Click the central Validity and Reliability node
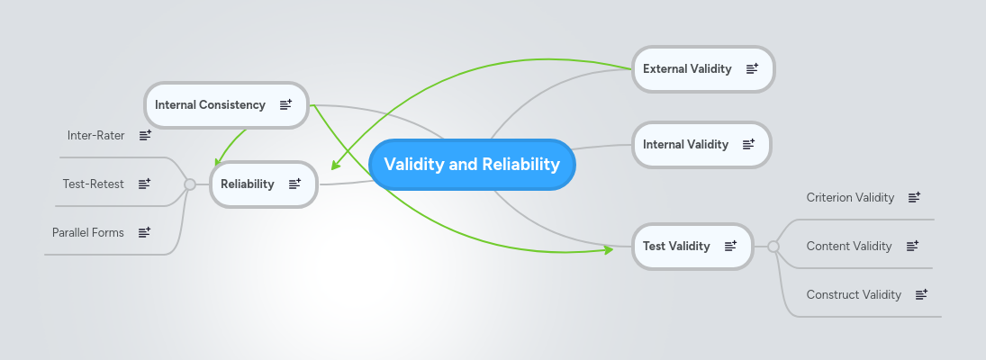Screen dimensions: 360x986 (x=472, y=165)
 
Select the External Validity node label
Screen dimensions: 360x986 (x=687, y=69)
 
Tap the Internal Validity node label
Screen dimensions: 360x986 (x=685, y=144)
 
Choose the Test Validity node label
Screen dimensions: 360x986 (x=676, y=246)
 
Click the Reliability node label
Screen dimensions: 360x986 (x=247, y=184)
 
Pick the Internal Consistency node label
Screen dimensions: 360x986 (x=210, y=104)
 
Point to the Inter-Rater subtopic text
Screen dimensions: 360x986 (x=95, y=135)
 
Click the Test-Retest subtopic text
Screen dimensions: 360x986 (x=93, y=184)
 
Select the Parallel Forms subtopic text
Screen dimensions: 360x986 (x=88, y=232)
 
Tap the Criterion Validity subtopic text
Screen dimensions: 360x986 (x=850, y=197)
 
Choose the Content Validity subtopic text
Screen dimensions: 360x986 (x=849, y=246)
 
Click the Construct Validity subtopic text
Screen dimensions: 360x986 (x=854, y=294)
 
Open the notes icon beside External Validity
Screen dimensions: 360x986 (x=752, y=69)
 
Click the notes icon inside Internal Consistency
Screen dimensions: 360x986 (x=285, y=104)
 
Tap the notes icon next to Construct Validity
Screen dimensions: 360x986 (x=921, y=294)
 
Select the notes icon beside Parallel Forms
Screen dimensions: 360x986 (x=144, y=232)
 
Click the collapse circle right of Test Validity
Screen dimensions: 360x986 (x=773, y=246)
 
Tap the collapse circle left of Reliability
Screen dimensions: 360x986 (x=190, y=184)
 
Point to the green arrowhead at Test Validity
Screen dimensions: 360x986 (x=608, y=249)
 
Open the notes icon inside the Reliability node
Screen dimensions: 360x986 (x=294, y=184)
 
